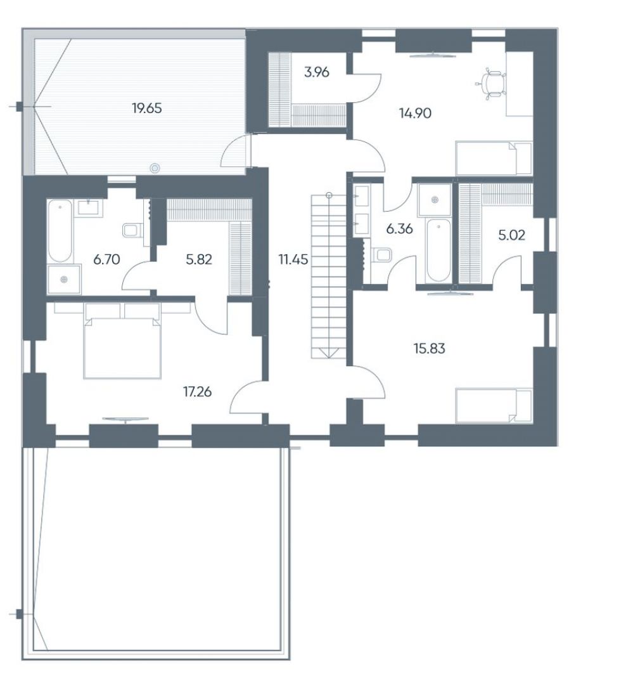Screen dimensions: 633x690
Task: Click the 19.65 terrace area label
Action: click(147, 108)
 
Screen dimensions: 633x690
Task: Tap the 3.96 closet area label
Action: click(317, 72)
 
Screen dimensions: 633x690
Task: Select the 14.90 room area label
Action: click(415, 114)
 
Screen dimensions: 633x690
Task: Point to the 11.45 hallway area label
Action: click(293, 259)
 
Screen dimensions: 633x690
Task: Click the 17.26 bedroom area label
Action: click(197, 391)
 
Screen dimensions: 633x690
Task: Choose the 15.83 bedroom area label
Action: click(430, 349)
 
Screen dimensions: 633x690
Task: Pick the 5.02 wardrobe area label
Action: click(512, 235)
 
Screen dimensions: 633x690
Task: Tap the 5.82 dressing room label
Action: click(199, 259)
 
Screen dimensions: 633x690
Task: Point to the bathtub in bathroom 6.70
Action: click(60, 231)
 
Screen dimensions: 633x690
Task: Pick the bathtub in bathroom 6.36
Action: click(438, 250)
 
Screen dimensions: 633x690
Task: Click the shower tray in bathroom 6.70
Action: click(64, 279)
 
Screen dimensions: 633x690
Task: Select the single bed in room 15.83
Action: click(494, 405)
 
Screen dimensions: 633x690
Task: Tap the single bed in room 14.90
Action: click(494, 158)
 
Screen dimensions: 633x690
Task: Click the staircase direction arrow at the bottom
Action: click(329, 353)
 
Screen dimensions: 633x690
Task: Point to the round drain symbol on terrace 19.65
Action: click(155, 167)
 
